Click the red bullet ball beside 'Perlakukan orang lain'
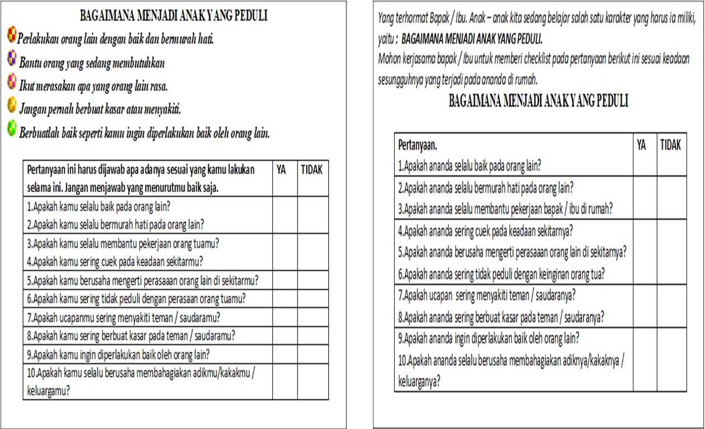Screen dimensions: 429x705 pyautogui.click(x=12, y=36)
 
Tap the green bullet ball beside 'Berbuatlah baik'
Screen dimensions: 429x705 pyautogui.click(x=12, y=129)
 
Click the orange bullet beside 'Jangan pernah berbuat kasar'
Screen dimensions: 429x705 pyautogui.click(x=12, y=105)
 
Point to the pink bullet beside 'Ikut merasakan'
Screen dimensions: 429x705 pyautogui.click(x=12, y=82)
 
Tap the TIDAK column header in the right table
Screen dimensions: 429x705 pyautogui.click(x=670, y=145)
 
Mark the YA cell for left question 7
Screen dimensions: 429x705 pyautogui.click(x=285, y=318)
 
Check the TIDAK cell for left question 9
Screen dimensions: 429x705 pyautogui.click(x=313, y=354)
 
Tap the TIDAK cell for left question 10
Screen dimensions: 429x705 pyautogui.click(x=313, y=381)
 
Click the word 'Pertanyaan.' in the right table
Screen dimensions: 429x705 pyautogui.click(x=417, y=145)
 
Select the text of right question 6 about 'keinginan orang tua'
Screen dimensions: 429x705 pyautogui.click(x=501, y=275)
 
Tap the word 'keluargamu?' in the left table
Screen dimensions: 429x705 pyautogui.click(x=49, y=391)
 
